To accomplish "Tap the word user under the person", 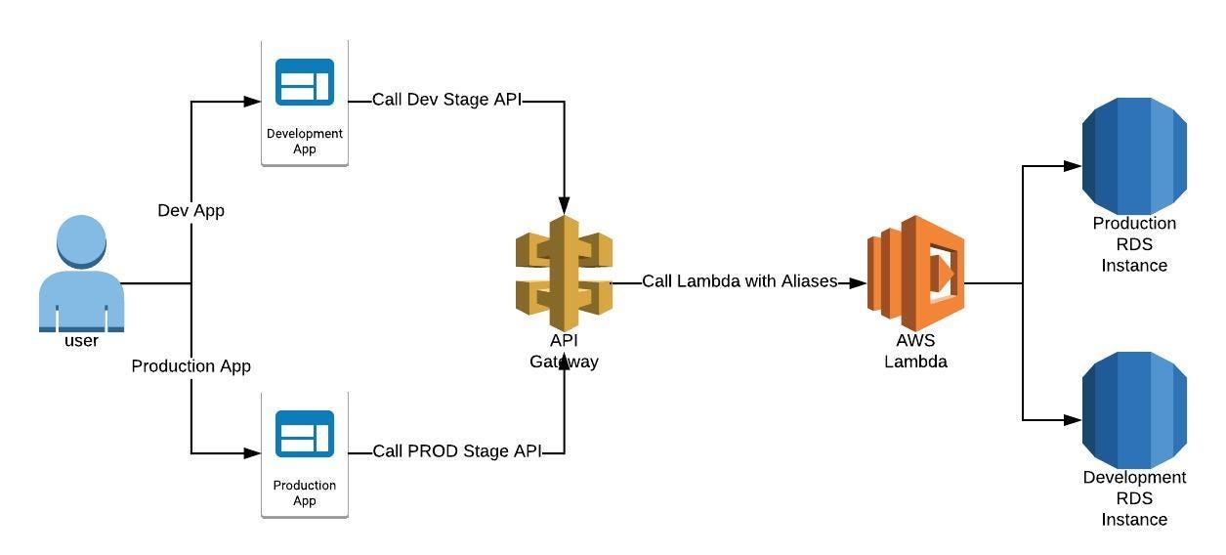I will (x=81, y=341).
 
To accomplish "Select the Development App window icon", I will (x=305, y=82).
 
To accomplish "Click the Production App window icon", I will (x=305, y=434).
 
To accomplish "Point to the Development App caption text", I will (x=305, y=141).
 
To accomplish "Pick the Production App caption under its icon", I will (x=305, y=492).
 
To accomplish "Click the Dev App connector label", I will (x=190, y=210).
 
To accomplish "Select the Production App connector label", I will (x=190, y=365).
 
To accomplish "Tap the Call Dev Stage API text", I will (x=446, y=100).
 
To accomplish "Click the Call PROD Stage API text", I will (x=456, y=451).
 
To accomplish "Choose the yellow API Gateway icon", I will (x=564, y=274).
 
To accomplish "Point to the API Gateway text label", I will (x=564, y=351).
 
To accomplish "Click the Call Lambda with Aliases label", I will (x=739, y=281).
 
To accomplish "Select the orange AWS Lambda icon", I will (x=915, y=273).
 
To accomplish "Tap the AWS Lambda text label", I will (x=915, y=351).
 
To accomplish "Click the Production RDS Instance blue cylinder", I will (x=1134, y=156).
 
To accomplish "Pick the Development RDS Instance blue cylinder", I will (x=1134, y=410).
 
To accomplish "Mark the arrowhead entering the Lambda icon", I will (x=858, y=283).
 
